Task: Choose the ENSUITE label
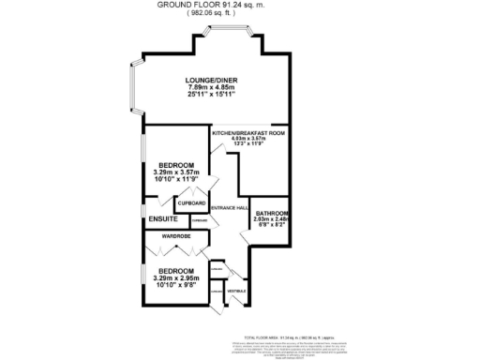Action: click(x=162, y=219)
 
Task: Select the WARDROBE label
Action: click(x=176, y=237)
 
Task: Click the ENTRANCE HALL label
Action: click(x=229, y=207)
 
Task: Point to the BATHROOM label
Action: click(x=272, y=213)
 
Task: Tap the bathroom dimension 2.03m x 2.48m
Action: click(x=272, y=219)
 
